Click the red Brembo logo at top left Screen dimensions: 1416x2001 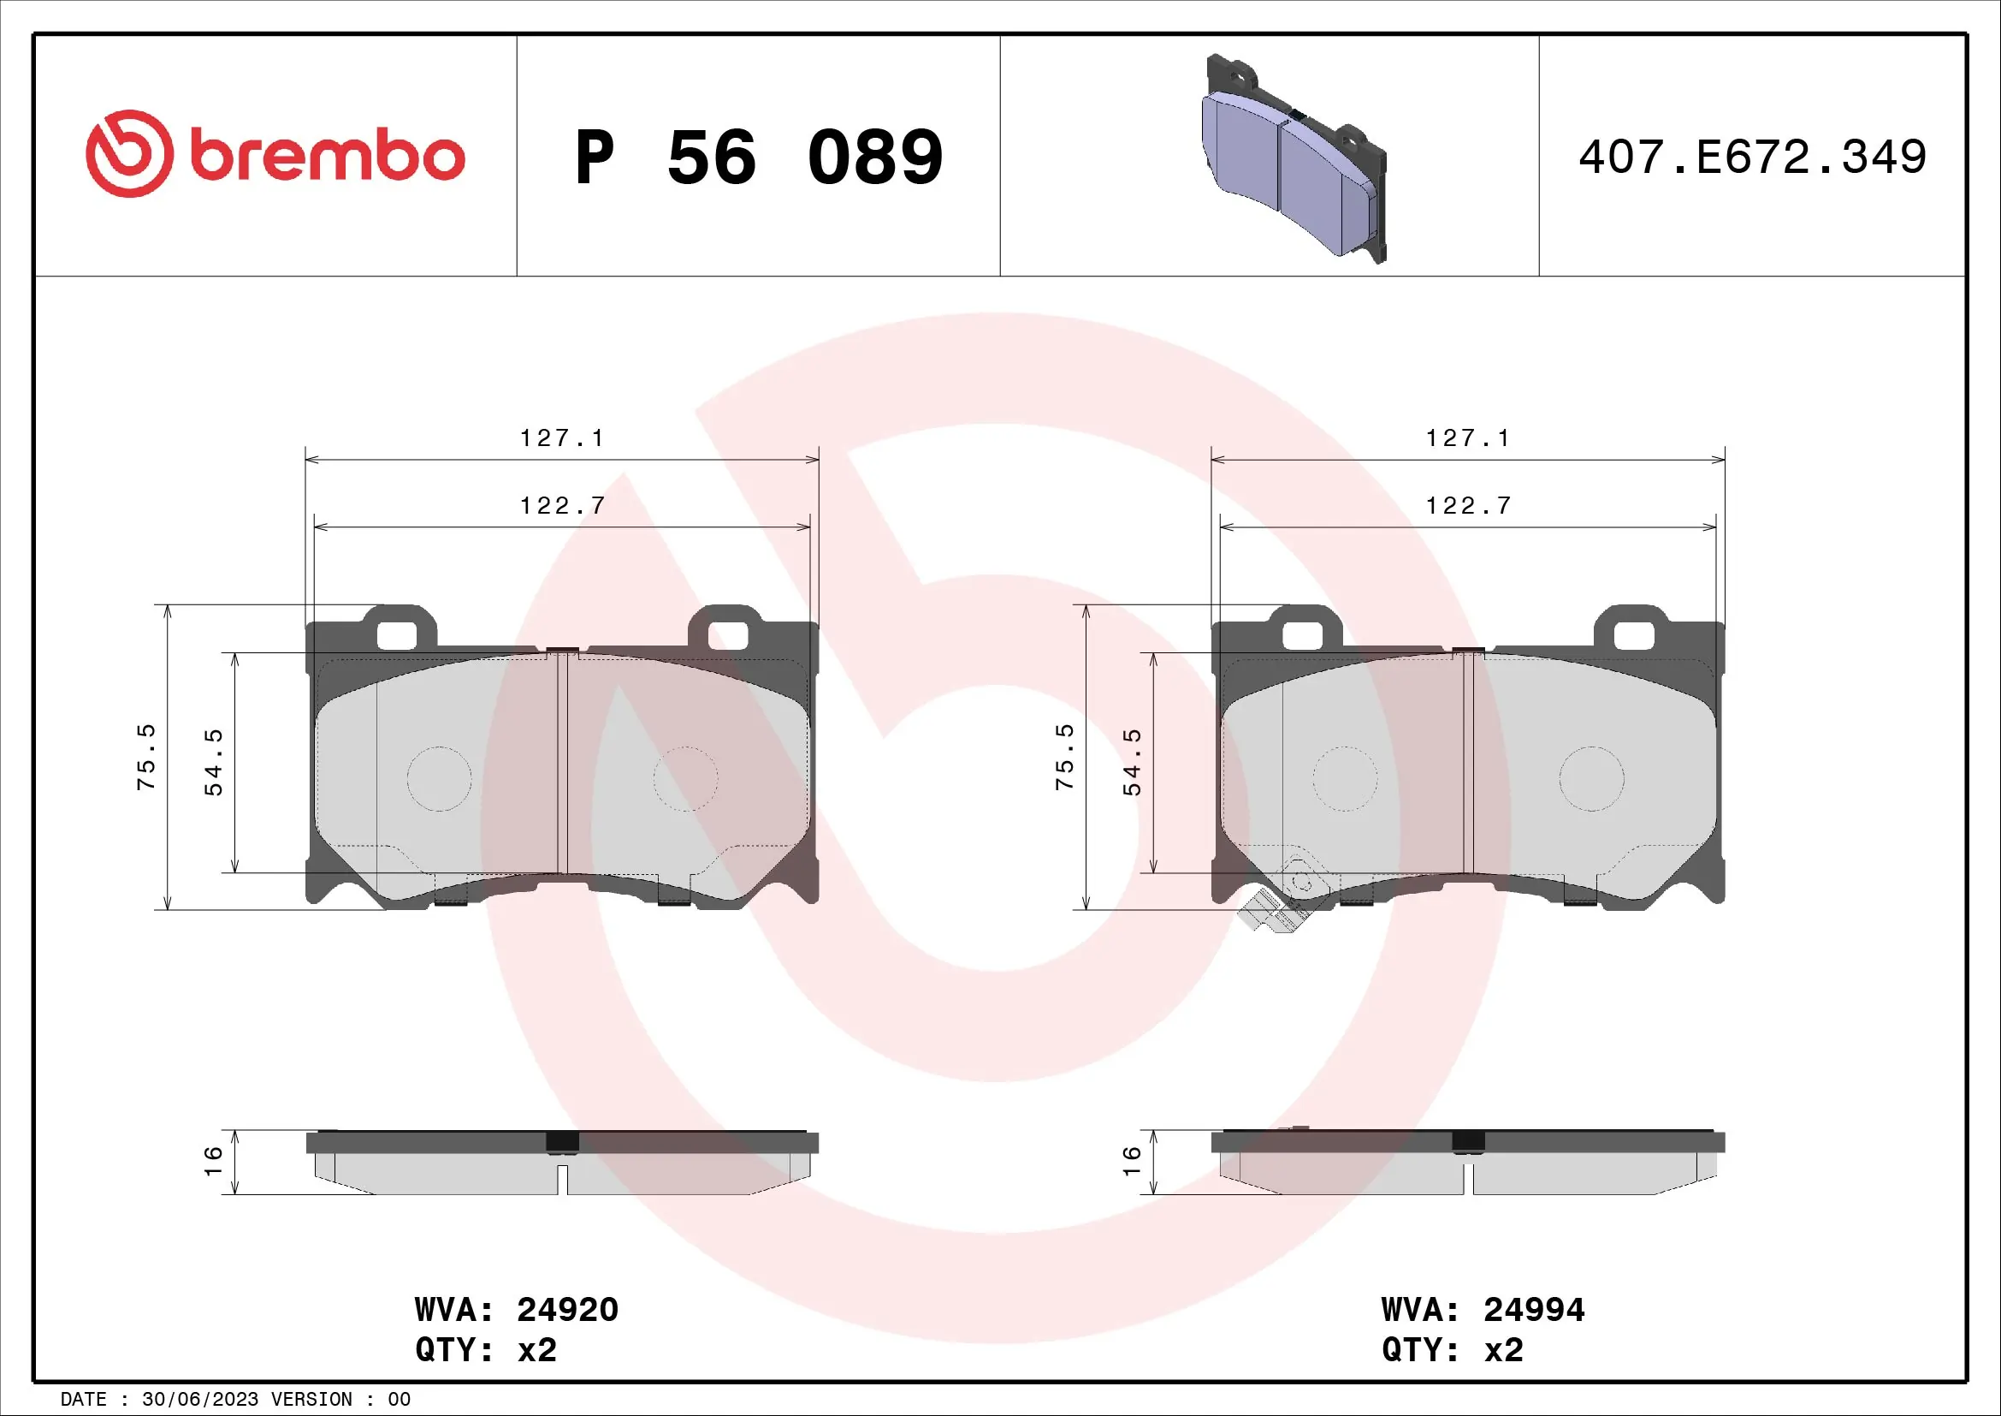(275, 154)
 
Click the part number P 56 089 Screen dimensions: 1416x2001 (758, 158)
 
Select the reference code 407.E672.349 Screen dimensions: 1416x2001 (1752, 158)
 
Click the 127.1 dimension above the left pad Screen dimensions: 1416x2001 (561, 437)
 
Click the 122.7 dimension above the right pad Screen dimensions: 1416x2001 (1468, 506)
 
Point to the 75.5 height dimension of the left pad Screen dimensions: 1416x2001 (146, 757)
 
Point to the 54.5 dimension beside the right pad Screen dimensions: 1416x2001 (1131, 762)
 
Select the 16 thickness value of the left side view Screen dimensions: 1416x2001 (213, 1162)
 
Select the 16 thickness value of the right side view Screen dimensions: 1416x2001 (1131, 1162)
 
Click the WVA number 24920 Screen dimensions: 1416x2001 (567, 1310)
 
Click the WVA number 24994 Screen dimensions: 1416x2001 (1534, 1310)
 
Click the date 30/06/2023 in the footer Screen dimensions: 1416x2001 (199, 1400)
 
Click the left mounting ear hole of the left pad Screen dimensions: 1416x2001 (397, 635)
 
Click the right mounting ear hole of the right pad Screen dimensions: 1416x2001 (1633, 635)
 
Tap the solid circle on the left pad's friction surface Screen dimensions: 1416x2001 (439, 778)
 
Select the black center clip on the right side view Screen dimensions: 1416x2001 (1469, 1141)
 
